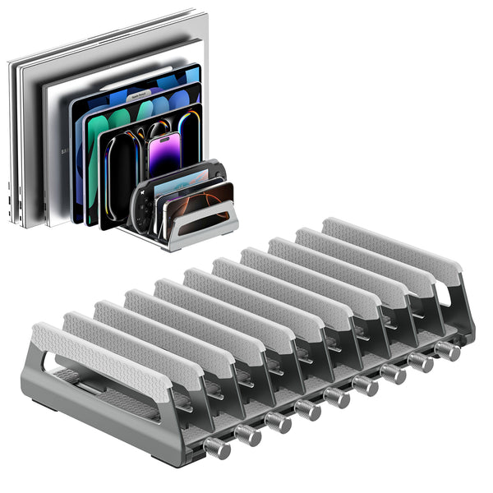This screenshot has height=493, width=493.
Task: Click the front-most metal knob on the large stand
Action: click(x=216, y=449)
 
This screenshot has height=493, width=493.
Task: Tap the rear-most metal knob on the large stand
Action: click(x=448, y=351)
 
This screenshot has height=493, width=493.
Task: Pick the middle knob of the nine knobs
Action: click(x=336, y=398)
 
